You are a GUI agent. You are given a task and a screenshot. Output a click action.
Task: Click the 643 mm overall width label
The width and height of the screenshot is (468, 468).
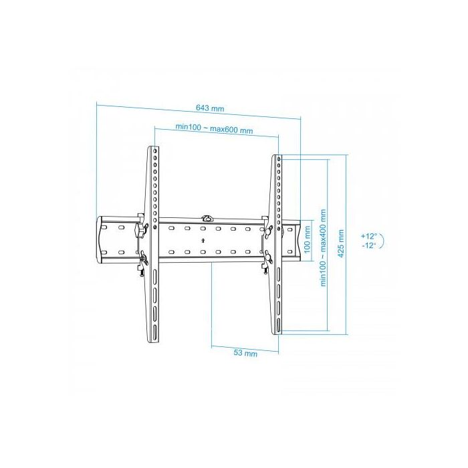click(x=210, y=107)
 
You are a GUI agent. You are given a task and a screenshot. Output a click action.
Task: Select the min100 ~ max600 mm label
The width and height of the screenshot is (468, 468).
click(x=214, y=128)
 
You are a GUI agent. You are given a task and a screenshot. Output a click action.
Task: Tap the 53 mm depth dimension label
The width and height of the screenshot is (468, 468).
click(x=246, y=353)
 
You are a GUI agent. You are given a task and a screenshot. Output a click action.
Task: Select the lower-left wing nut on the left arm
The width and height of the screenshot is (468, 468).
click(x=143, y=256)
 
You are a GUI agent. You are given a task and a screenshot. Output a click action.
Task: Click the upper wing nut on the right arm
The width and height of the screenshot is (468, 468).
click(x=268, y=229)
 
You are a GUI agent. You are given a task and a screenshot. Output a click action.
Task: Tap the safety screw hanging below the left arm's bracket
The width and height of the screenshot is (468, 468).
click(x=141, y=270)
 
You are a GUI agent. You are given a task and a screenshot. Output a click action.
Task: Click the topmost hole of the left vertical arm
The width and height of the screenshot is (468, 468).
click(x=155, y=152)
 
